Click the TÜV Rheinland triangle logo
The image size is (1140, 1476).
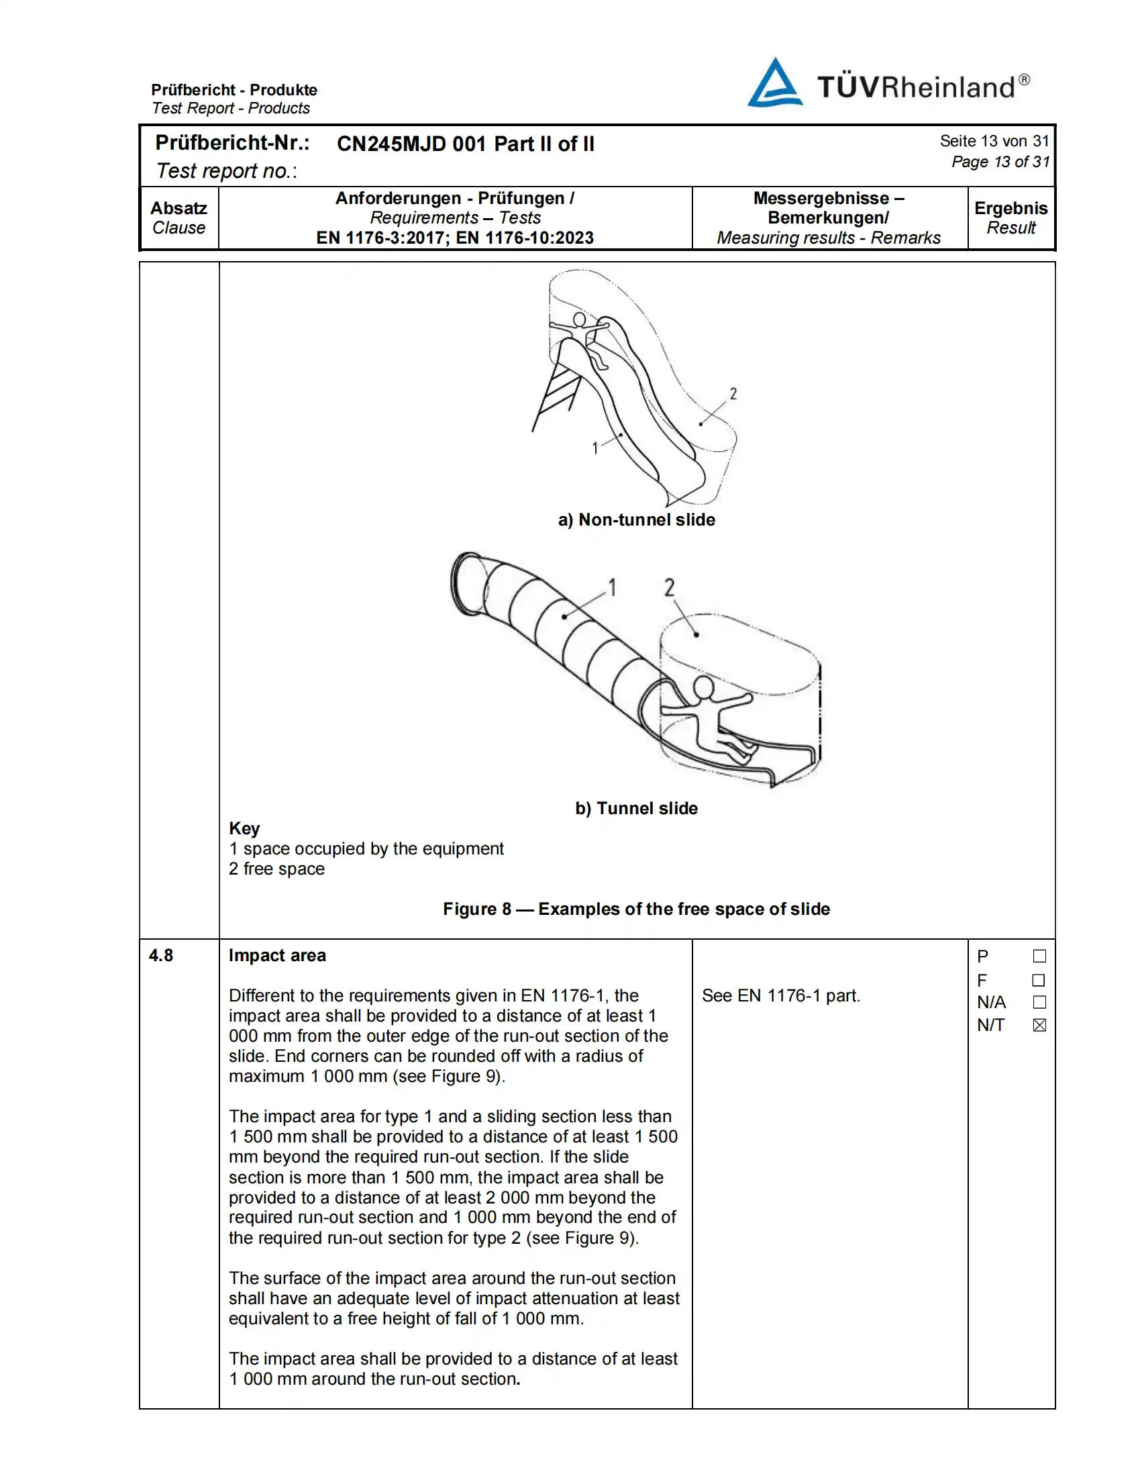(x=775, y=83)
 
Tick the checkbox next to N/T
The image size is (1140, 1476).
(x=1039, y=1025)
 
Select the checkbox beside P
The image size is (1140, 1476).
(x=1039, y=956)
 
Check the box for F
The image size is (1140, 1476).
(x=1039, y=980)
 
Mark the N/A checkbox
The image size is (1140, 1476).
(x=1039, y=1002)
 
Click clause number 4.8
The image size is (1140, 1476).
(x=161, y=956)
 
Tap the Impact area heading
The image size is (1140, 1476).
(x=277, y=956)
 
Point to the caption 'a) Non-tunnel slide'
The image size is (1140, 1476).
(x=637, y=520)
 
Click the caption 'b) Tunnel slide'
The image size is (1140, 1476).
(x=637, y=808)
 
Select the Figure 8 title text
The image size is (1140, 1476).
(x=637, y=909)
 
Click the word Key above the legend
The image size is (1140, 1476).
(x=244, y=829)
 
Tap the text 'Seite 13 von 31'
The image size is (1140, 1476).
(x=994, y=140)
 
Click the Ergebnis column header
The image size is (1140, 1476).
(x=1011, y=208)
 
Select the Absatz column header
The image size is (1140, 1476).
(x=178, y=208)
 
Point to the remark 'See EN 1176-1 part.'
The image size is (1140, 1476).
(x=781, y=995)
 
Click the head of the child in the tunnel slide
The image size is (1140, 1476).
(x=703, y=687)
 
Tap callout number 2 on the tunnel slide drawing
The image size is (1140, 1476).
(x=669, y=587)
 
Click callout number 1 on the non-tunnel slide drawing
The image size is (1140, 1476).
(x=594, y=448)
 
